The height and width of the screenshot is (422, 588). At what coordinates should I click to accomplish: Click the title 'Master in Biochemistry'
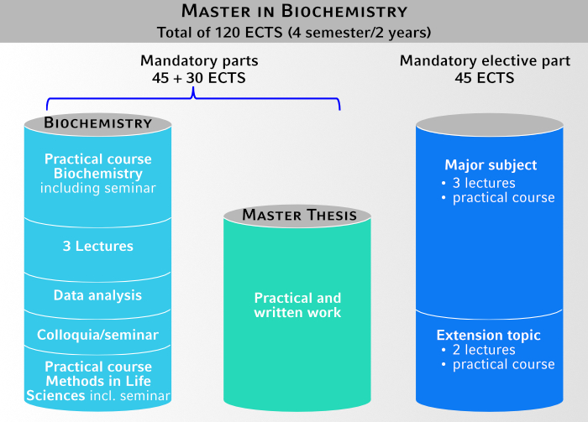coord(294,12)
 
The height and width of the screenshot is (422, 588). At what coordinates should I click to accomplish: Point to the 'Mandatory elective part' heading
coord(485,61)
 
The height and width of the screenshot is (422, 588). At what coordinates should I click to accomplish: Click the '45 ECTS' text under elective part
coord(485,78)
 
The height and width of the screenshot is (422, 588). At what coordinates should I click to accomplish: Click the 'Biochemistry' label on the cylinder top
coord(98,123)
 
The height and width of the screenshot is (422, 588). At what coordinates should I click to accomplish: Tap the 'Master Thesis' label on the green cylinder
coord(299,216)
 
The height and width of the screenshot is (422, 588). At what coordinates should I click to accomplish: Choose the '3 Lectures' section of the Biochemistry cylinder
coord(97,247)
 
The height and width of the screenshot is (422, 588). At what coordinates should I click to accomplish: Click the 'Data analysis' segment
coord(97,295)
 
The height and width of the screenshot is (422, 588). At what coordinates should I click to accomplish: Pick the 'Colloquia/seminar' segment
coord(97,335)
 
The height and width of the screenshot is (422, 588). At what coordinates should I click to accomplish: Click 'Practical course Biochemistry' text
coord(97,166)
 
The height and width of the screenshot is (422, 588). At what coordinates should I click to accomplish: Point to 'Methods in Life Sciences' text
coord(97,382)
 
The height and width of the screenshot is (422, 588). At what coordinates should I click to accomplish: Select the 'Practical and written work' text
coord(298,305)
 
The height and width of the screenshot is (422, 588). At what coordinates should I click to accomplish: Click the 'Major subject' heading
coord(491,164)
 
